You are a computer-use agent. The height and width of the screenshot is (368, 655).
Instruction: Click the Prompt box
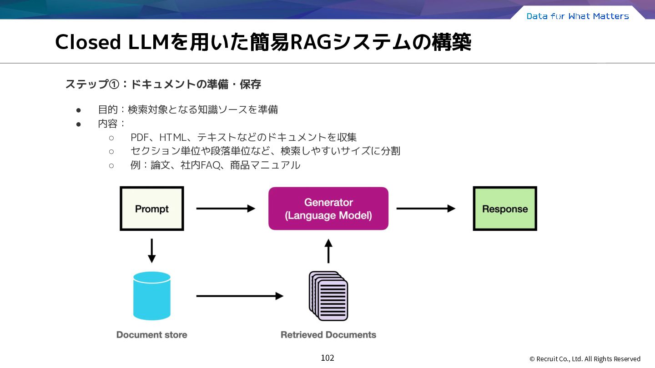[152, 209]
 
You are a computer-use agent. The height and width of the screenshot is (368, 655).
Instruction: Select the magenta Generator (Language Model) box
[328, 209]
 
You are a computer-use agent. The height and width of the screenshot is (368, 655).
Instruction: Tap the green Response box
[505, 209]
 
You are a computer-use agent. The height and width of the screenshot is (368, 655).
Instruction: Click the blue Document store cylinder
[152, 296]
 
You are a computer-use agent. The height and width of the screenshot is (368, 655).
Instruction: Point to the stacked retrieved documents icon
[328, 296]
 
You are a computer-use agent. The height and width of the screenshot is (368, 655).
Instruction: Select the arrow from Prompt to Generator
[226, 209]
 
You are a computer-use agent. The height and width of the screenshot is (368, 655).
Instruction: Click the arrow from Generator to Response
[426, 209]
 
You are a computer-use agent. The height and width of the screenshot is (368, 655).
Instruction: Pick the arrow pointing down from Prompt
[152, 251]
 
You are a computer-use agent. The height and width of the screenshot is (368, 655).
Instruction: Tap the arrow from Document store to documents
[240, 296]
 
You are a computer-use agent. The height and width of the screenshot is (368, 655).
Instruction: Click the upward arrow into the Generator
[328, 251]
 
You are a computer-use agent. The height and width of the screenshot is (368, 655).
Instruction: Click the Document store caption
[152, 335]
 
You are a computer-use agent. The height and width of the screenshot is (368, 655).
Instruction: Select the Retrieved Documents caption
[328, 335]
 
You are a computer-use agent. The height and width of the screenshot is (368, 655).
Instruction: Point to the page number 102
[327, 358]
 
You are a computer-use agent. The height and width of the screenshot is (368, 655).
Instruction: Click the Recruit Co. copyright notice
[585, 358]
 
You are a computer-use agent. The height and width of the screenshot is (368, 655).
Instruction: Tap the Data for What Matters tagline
[578, 16]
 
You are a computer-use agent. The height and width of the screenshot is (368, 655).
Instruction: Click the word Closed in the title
[88, 42]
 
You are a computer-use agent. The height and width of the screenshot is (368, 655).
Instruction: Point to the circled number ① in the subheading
[114, 85]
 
